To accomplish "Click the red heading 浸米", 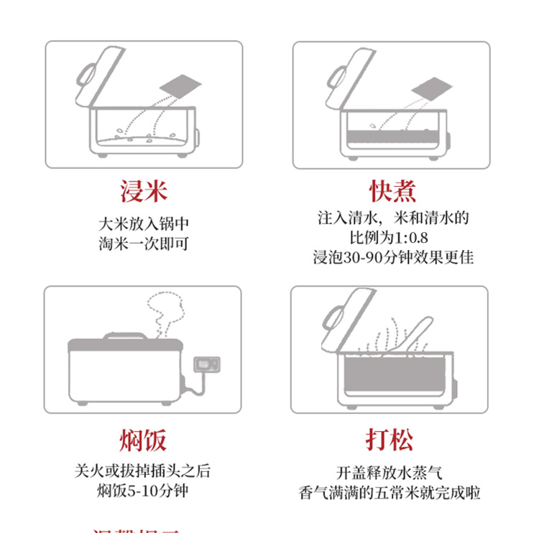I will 144,192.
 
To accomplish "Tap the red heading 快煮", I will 392,192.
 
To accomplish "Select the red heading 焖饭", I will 143,440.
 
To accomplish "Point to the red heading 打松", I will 390,440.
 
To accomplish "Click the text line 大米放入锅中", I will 144,223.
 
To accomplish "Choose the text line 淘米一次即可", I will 144,244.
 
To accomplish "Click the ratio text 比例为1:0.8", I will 392,238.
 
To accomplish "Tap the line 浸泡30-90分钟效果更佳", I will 392,257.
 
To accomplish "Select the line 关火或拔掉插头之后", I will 143,471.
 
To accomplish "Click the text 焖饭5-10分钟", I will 143,491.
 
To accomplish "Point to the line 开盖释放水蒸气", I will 390,473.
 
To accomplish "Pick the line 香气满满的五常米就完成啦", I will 390,493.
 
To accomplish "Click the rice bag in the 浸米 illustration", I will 177,86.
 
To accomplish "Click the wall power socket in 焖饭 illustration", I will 207,365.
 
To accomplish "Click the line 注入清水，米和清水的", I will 392,218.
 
